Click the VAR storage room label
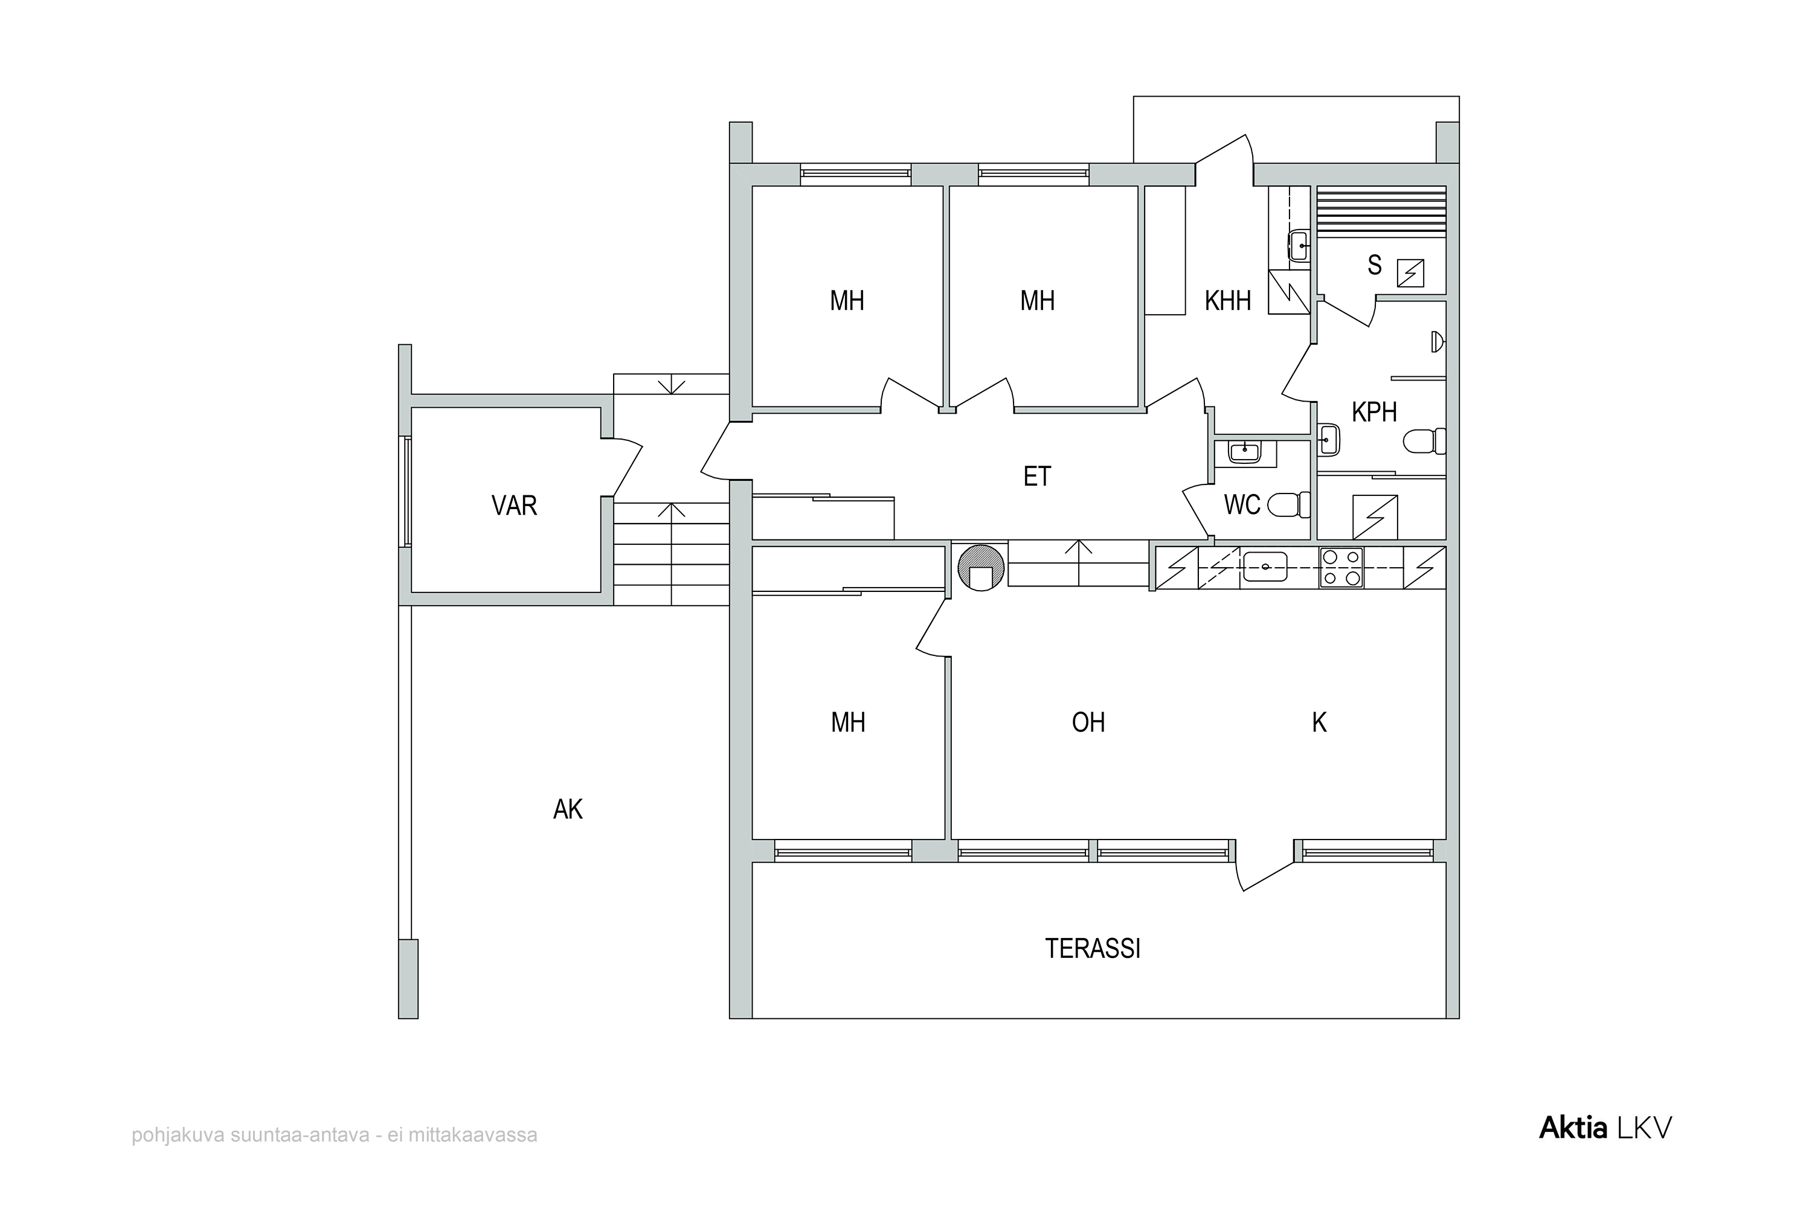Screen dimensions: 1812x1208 pos(514,506)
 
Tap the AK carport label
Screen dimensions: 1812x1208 pos(568,809)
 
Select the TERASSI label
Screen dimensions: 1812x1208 pos(1093,948)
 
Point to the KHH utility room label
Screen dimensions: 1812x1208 pos(1228,300)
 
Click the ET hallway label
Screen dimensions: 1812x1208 pos(1037,477)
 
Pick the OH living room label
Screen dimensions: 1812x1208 pos(1088,722)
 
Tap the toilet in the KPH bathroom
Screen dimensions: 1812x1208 pos(1424,442)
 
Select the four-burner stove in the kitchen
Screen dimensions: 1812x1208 pos(1341,568)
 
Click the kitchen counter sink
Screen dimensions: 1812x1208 pos(1265,567)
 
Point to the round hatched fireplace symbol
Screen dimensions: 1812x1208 pos(981,568)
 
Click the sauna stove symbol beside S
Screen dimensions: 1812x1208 pos(1410,274)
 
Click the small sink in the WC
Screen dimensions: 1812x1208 pos(1245,453)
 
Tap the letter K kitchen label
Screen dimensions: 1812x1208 pos(1319,722)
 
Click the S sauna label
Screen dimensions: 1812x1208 pos(1375,265)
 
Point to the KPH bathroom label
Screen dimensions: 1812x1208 pos(1375,412)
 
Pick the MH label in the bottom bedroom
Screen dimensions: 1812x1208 pos(847,722)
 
